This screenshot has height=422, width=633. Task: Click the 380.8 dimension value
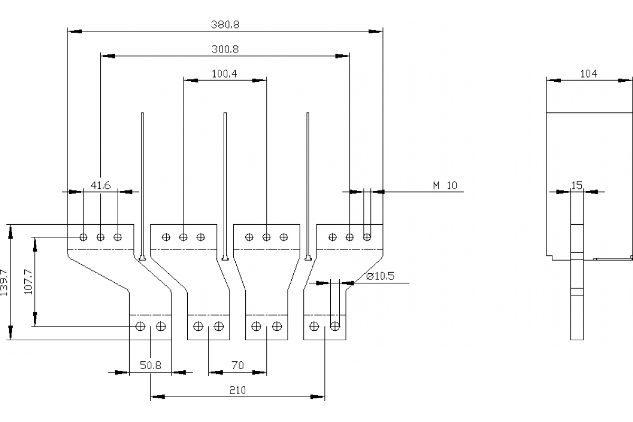click(225, 24)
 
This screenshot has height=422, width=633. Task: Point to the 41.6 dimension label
click(100, 185)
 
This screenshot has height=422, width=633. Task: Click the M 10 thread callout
click(445, 185)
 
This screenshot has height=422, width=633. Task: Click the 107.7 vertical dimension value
click(29, 283)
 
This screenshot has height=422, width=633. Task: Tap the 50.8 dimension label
click(150, 365)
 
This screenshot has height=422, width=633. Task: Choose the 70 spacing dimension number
click(237, 365)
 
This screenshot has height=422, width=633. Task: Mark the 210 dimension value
click(237, 390)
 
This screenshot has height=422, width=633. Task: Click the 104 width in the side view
click(589, 74)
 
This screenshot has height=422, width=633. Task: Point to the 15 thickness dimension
click(577, 185)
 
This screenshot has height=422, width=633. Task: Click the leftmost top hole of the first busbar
click(83, 237)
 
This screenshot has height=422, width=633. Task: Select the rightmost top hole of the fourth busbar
click(367, 237)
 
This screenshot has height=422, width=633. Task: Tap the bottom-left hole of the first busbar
click(140, 327)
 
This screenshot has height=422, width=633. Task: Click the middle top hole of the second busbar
click(183, 237)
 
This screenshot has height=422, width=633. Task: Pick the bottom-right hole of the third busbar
click(277, 327)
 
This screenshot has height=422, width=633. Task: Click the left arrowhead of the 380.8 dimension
click(74, 32)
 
